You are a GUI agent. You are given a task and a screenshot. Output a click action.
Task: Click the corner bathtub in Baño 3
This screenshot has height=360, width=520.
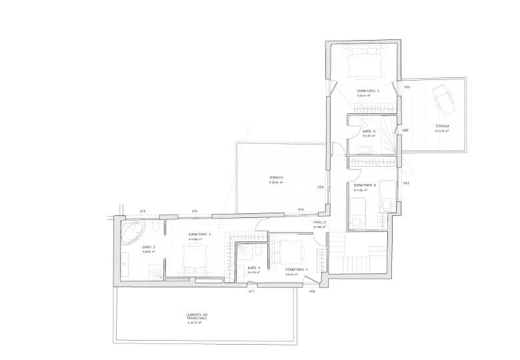[132, 233]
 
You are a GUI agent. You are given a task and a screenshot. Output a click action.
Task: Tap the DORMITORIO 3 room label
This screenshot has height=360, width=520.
[199, 234]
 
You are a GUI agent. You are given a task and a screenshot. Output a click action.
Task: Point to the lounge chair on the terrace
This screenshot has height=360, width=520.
[441, 101]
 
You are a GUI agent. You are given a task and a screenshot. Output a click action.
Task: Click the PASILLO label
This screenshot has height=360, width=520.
[319, 222]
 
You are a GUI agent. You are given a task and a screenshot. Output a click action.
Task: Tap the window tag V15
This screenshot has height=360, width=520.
[143, 211]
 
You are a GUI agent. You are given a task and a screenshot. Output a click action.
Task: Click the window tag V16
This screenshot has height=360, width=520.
[194, 211]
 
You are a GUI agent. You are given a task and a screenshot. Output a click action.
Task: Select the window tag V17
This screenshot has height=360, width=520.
[251, 291]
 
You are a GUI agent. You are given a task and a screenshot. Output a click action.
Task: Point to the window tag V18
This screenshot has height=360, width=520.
[311, 291]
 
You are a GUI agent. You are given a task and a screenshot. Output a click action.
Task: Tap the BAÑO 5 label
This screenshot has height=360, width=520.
[369, 131]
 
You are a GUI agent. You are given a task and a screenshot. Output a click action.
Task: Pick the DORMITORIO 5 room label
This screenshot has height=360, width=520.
[368, 91]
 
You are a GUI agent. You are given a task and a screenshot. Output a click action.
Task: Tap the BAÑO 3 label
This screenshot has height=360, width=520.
[149, 247]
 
